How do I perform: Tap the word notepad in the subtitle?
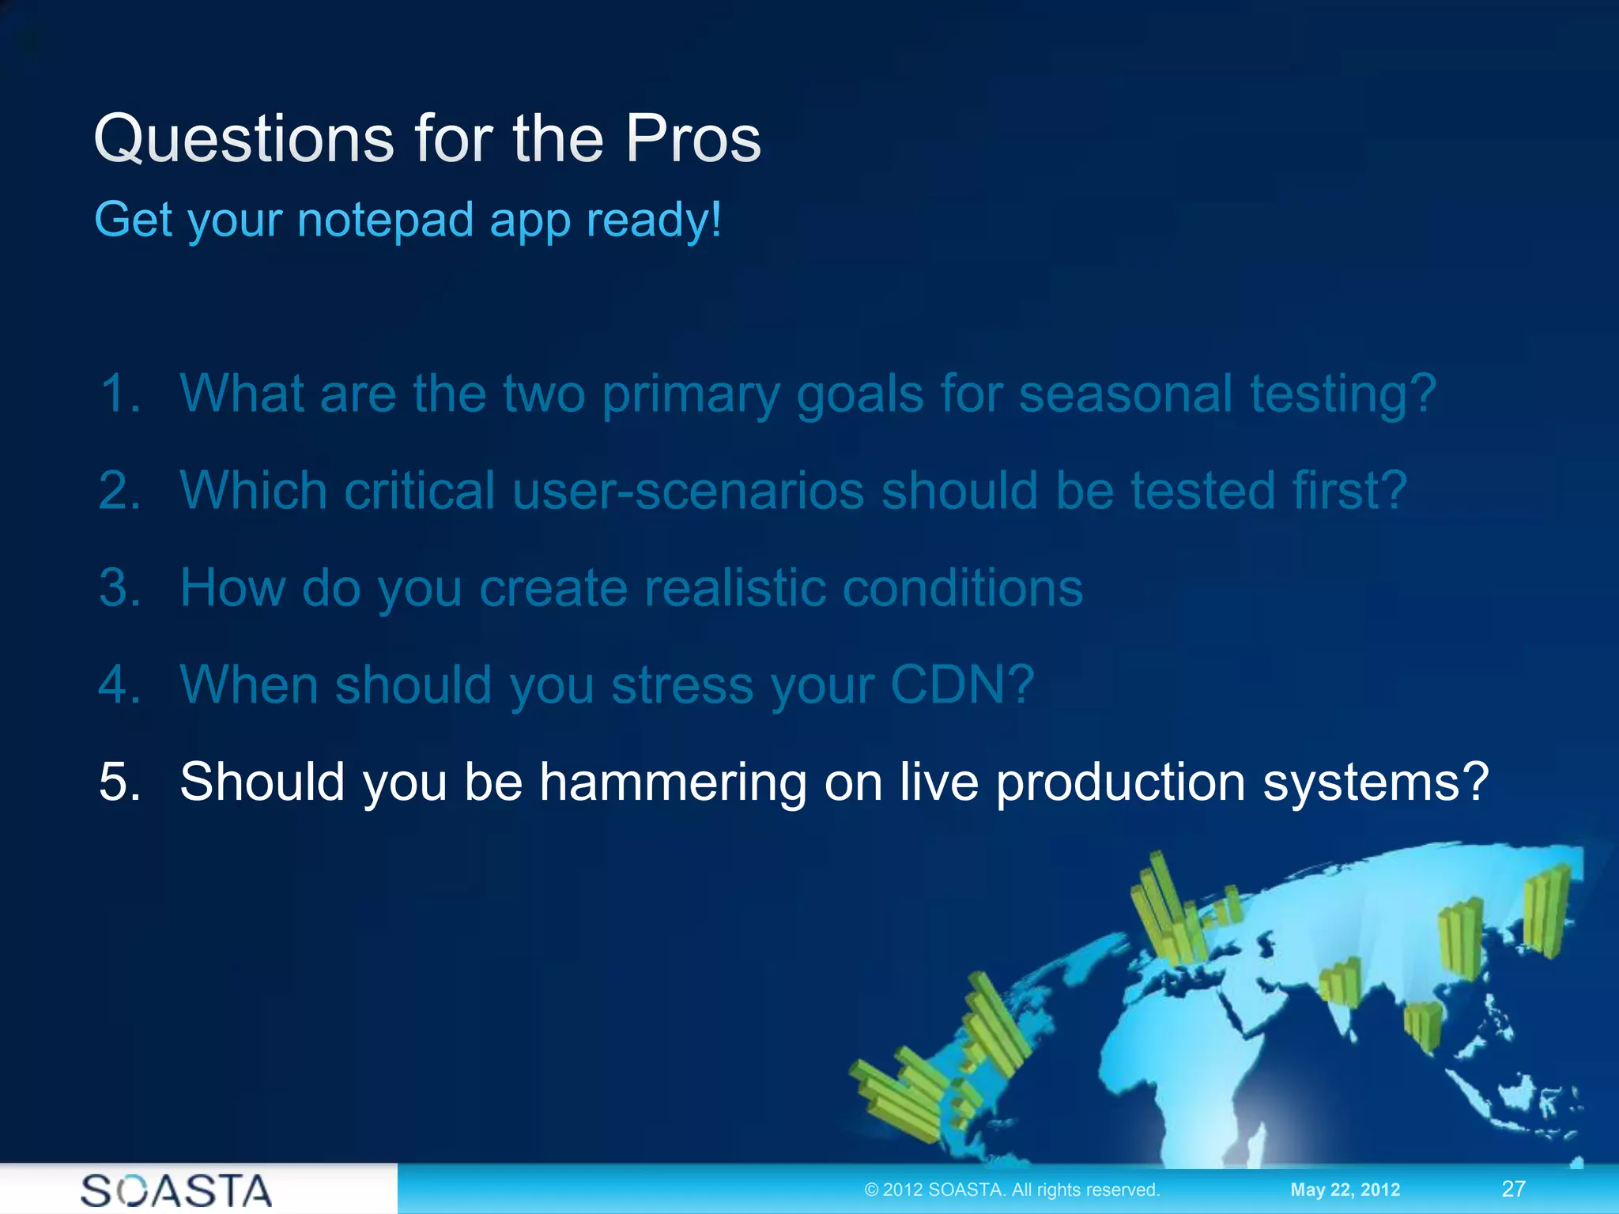tap(385, 220)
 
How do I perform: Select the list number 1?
tap(119, 393)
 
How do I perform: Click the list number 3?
tap(119, 588)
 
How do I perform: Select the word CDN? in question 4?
tap(961, 684)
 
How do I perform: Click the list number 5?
tap(119, 782)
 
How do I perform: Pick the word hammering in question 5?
tap(672, 782)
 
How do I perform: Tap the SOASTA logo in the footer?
tap(175, 1190)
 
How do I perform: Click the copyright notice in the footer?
tap(1012, 1189)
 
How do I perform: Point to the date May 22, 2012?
tap(1345, 1189)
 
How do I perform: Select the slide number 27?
tap(1513, 1189)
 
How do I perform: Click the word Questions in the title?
tap(243, 139)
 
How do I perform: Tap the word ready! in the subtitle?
tap(653, 220)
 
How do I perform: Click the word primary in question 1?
tap(691, 393)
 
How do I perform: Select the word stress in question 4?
tap(682, 684)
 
